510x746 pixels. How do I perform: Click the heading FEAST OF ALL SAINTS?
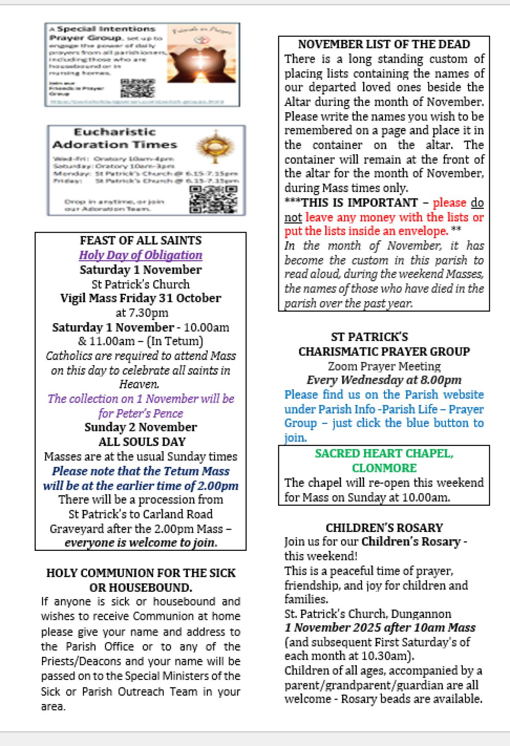pyautogui.click(x=140, y=240)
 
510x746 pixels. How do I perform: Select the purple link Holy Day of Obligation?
pyautogui.click(x=140, y=255)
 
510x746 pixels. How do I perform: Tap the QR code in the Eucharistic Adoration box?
pyautogui.click(x=213, y=199)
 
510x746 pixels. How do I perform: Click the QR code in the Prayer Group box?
pyautogui.click(x=138, y=88)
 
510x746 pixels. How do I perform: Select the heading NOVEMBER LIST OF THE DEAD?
pyautogui.click(x=384, y=44)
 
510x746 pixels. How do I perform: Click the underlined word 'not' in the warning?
pyautogui.click(x=293, y=217)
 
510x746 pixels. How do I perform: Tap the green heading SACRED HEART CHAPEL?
pyautogui.click(x=384, y=453)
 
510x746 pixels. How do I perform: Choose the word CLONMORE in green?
pyautogui.click(x=384, y=468)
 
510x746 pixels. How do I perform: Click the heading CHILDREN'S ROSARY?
pyautogui.click(x=384, y=527)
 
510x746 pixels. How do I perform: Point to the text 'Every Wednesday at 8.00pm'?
pyautogui.click(x=384, y=380)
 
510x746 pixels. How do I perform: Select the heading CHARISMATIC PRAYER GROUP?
pyautogui.click(x=384, y=351)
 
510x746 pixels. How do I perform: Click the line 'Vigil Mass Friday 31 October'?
pyautogui.click(x=140, y=298)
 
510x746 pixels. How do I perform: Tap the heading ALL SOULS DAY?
pyautogui.click(x=141, y=442)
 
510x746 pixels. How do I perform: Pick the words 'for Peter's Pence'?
pyautogui.click(x=140, y=413)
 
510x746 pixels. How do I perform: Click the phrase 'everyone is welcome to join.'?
pyautogui.click(x=140, y=543)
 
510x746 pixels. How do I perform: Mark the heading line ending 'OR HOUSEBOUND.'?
pyautogui.click(x=140, y=588)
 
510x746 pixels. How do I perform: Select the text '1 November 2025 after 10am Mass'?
pyautogui.click(x=380, y=627)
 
